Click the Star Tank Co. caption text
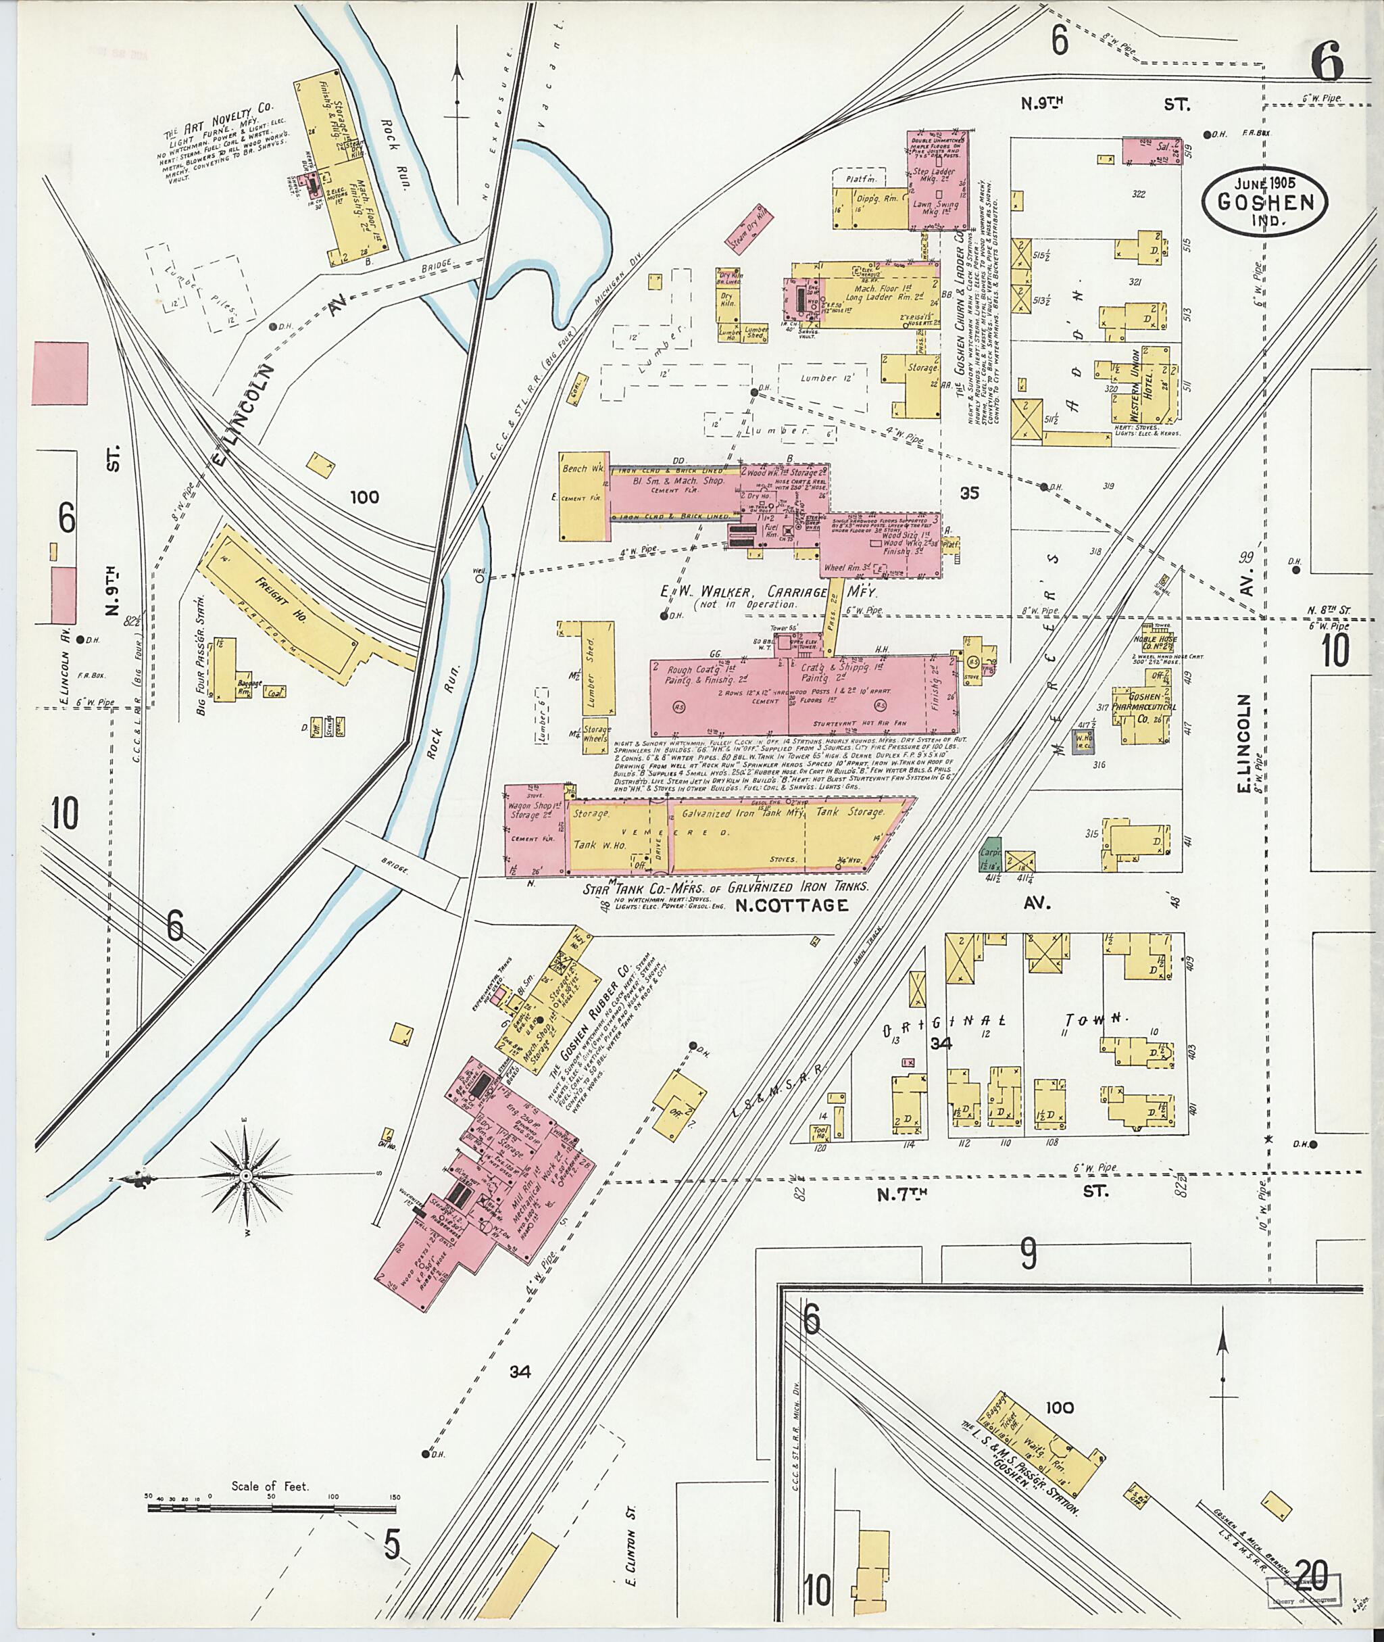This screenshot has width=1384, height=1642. [726, 887]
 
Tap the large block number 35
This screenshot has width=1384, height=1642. [970, 492]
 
